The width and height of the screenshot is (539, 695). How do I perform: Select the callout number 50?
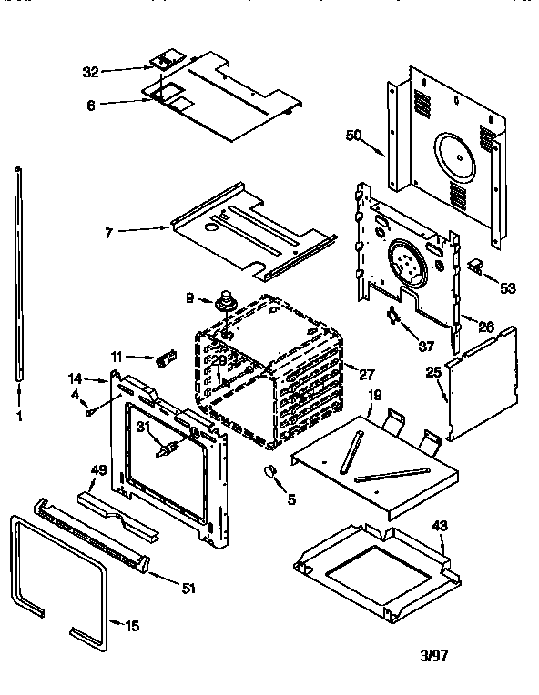coord(354,135)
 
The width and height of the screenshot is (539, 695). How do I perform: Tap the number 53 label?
coord(506,287)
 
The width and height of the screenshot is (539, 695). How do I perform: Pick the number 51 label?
coord(188,589)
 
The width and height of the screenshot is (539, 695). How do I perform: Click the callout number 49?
coord(98,469)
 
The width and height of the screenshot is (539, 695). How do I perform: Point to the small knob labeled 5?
coord(269,469)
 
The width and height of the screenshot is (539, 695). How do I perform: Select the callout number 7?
coord(110,234)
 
